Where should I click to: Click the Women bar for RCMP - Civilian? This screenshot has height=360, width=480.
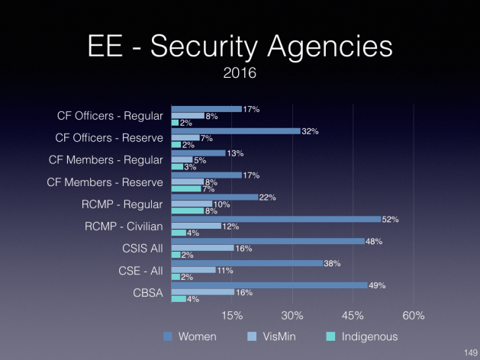click(x=275, y=219)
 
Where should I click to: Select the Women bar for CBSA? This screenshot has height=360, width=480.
click(x=269, y=285)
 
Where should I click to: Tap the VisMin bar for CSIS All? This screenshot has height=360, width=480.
click(x=203, y=248)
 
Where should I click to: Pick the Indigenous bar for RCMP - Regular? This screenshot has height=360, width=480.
click(x=187, y=211)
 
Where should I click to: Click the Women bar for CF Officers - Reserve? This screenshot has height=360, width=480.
click(x=236, y=131)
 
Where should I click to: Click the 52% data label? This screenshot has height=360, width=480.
click(x=391, y=220)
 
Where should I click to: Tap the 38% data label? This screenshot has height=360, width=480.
click(x=333, y=264)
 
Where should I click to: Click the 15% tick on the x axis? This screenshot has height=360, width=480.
click(x=232, y=316)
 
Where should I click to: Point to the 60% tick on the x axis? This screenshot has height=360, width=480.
click(x=413, y=316)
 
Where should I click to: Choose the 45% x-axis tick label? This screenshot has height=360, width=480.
click(x=353, y=316)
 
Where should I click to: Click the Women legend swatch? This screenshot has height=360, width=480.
click(x=166, y=336)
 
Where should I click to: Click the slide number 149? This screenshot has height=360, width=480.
click(x=469, y=352)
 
